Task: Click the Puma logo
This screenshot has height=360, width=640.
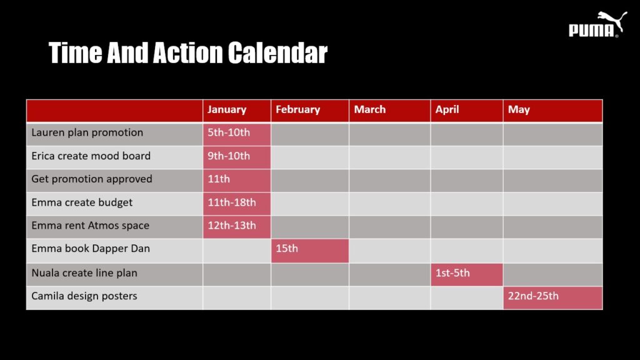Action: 597,24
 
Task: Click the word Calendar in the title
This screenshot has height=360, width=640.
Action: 277,52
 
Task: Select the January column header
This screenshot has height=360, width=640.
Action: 237,111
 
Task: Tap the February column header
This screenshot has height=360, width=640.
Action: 310,111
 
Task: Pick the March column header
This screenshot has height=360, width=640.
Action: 390,111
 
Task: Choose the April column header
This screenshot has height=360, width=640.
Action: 467,111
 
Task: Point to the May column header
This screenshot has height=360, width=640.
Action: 553,111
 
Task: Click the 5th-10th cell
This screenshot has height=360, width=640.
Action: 237,134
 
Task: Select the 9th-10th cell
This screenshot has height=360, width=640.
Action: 237,157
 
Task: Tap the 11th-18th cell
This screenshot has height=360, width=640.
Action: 237,204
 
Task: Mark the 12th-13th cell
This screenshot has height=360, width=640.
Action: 237,227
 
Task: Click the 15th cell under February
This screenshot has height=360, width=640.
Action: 310,251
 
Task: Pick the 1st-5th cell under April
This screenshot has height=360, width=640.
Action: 467,275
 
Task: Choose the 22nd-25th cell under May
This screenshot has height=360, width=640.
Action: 553,298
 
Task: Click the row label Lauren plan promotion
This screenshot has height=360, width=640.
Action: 87,132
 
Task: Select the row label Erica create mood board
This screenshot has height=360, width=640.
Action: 91,156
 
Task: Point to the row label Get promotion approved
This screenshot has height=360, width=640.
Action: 92,179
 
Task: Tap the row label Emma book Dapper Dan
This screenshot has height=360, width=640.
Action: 91,249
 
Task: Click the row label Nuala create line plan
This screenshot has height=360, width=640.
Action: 84,273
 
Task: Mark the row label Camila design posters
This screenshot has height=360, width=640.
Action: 84,296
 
